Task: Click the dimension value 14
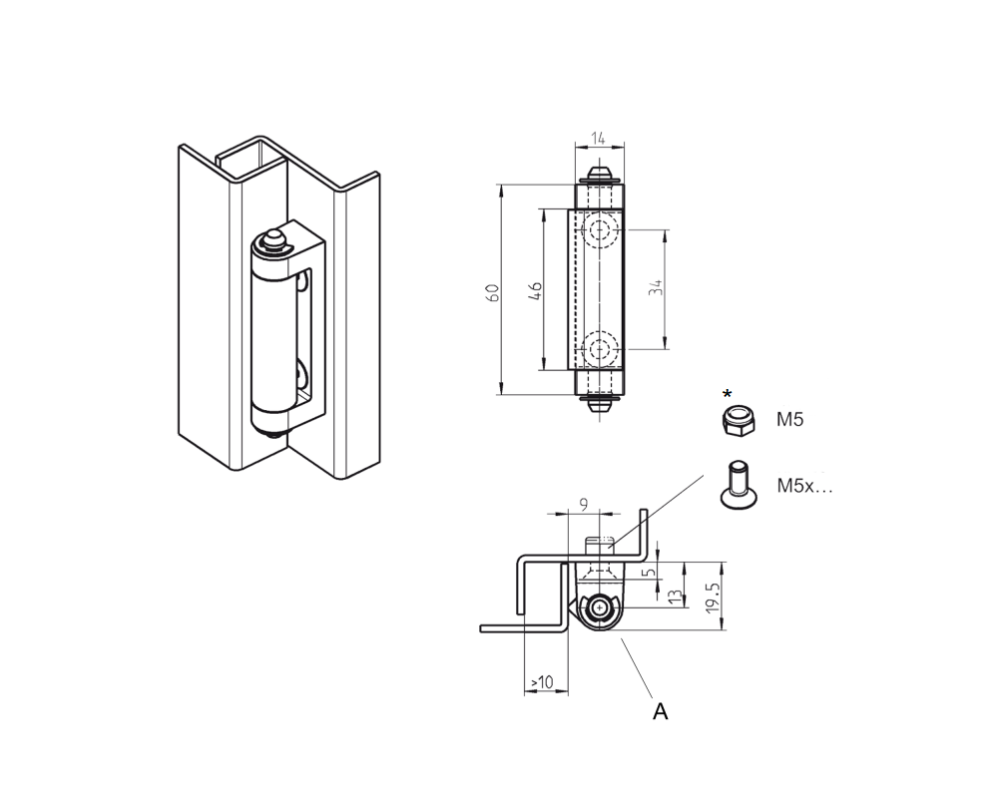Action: pyautogui.click(x=598, y=139)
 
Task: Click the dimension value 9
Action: pyautogui.click(x=583, y=506)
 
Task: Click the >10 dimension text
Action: pyautogui.click(x=542, y=681)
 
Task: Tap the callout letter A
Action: pyautogui.click(x=660, y=711)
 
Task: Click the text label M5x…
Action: pyautogui.click(x=804, y=486)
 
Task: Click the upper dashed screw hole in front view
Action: pyautogui.click(x=599, y=231)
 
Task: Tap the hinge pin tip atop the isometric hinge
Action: pyautogui.click(x=271, y=239)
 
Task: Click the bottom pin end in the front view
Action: pyautogui.click(x=598, y=406)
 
